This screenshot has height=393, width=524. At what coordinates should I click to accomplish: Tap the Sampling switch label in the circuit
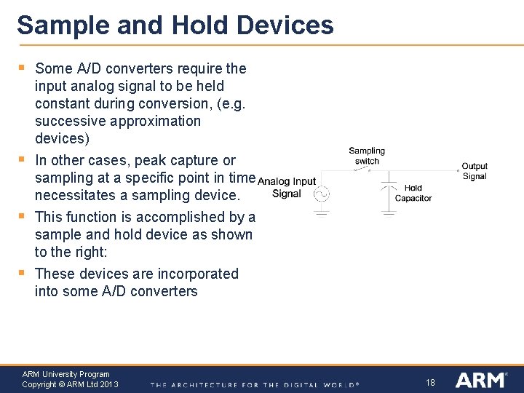pos(367,156)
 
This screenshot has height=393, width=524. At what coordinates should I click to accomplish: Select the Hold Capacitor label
pos(413,193)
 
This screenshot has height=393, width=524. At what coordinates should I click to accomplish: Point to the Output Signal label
pos(475,171)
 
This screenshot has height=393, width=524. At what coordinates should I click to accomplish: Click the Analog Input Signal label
pos(287,187)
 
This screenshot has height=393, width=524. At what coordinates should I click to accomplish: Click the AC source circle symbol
pos(322,194)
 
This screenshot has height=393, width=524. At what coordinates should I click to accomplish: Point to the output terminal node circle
pos(457,170)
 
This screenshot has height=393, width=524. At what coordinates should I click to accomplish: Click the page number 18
pos(430,381)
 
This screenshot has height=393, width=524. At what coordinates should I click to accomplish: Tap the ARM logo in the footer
pos(480,380)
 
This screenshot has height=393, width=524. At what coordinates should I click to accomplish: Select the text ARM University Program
pos(65,374)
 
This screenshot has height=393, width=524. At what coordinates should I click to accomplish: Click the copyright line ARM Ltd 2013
pos(70,384)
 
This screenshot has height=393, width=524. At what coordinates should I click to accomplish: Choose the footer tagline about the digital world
pos(255,384)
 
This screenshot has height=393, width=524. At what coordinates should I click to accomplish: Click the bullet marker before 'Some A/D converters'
pos(22,68)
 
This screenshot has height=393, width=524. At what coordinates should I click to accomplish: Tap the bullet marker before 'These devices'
pos(22,274)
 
